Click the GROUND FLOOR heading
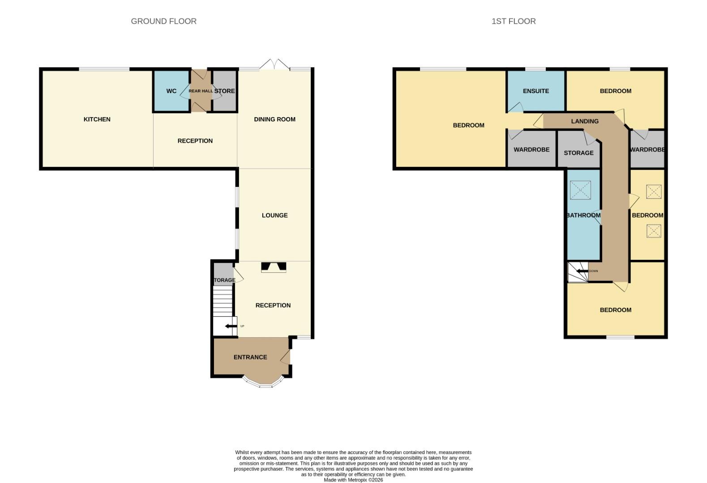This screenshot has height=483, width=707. pyautogui.click(x=163, y=21)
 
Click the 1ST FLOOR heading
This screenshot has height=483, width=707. pyautogui.click(x=513, y=21)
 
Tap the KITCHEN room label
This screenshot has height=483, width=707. pyautogui.click(x=97, y=119)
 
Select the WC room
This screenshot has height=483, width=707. pyautogui.click(x=171, y=91)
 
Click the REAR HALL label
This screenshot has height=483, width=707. pyautogui.click(x=200, y=91)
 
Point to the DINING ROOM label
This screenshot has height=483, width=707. pyautogui.click(x=274, y=119)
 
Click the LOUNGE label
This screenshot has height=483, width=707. pyautogui.click(x=274, y=216)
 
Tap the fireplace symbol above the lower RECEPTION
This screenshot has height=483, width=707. pyautogui.click(x=274, y=267)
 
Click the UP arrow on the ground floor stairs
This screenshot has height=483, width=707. pyautogui.click(x=231, y=326)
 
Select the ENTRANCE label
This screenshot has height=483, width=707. pyautogui.click(x=250, y=357)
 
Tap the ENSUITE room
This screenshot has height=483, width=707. pyautogui.click(x=536, y=91)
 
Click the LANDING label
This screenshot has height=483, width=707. pyautogui.click(x=584, y=121)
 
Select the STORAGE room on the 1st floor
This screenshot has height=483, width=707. pyautogui.click(x=578, y=153)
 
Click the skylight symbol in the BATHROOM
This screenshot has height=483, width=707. pyautogui.click(x=580, y=190)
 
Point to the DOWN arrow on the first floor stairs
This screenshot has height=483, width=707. pyautogui.click(x=582, y=271)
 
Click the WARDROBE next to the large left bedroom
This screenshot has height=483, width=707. pyautogui.click(x=531, y=150)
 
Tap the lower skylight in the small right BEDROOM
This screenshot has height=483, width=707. pyautogui.click(x=653, y=231)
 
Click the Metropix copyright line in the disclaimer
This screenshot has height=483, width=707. pyautogui.click(x=353, y=480)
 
